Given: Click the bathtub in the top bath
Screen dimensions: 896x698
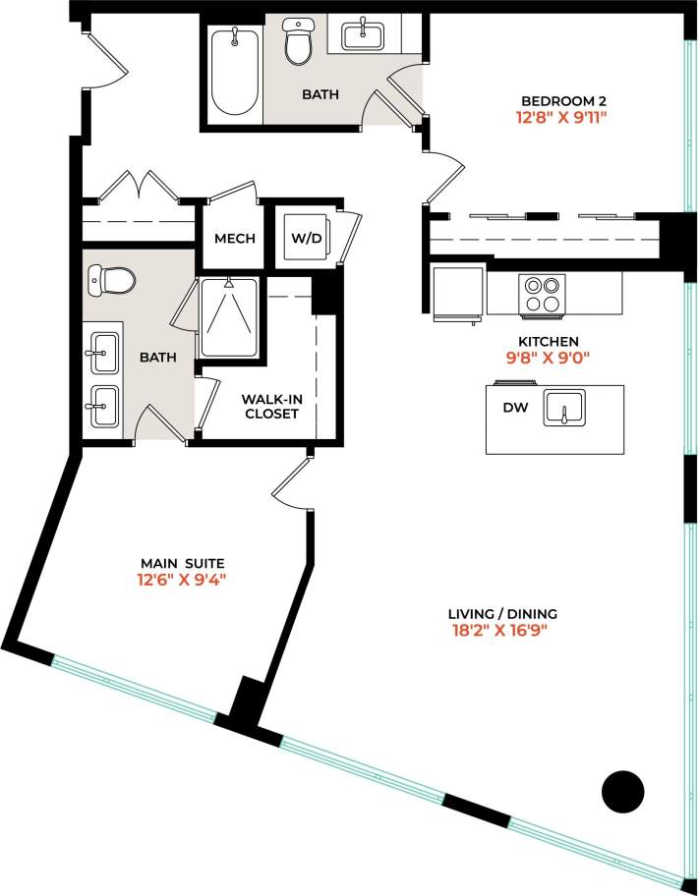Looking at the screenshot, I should click(x=234, y=71).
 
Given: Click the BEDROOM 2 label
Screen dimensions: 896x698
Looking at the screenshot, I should click(x=562, y=101).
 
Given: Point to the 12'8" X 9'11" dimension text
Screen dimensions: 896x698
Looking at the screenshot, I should click(x=562, y=118).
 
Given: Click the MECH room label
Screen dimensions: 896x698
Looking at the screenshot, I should click(x=234, y=239).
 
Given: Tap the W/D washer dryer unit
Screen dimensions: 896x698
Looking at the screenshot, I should click(x=303, y=239).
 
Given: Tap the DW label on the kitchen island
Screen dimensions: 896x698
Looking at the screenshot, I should click(x=516, y=408).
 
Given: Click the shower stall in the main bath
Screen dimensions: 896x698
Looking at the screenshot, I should click(x=229, y=317).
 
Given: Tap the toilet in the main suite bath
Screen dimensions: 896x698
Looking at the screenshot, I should click(x=110, y=281).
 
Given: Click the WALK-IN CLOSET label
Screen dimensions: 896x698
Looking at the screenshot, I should click(x=270, y=407).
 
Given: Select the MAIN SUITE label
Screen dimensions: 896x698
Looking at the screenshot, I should click(x=188, y=563).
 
